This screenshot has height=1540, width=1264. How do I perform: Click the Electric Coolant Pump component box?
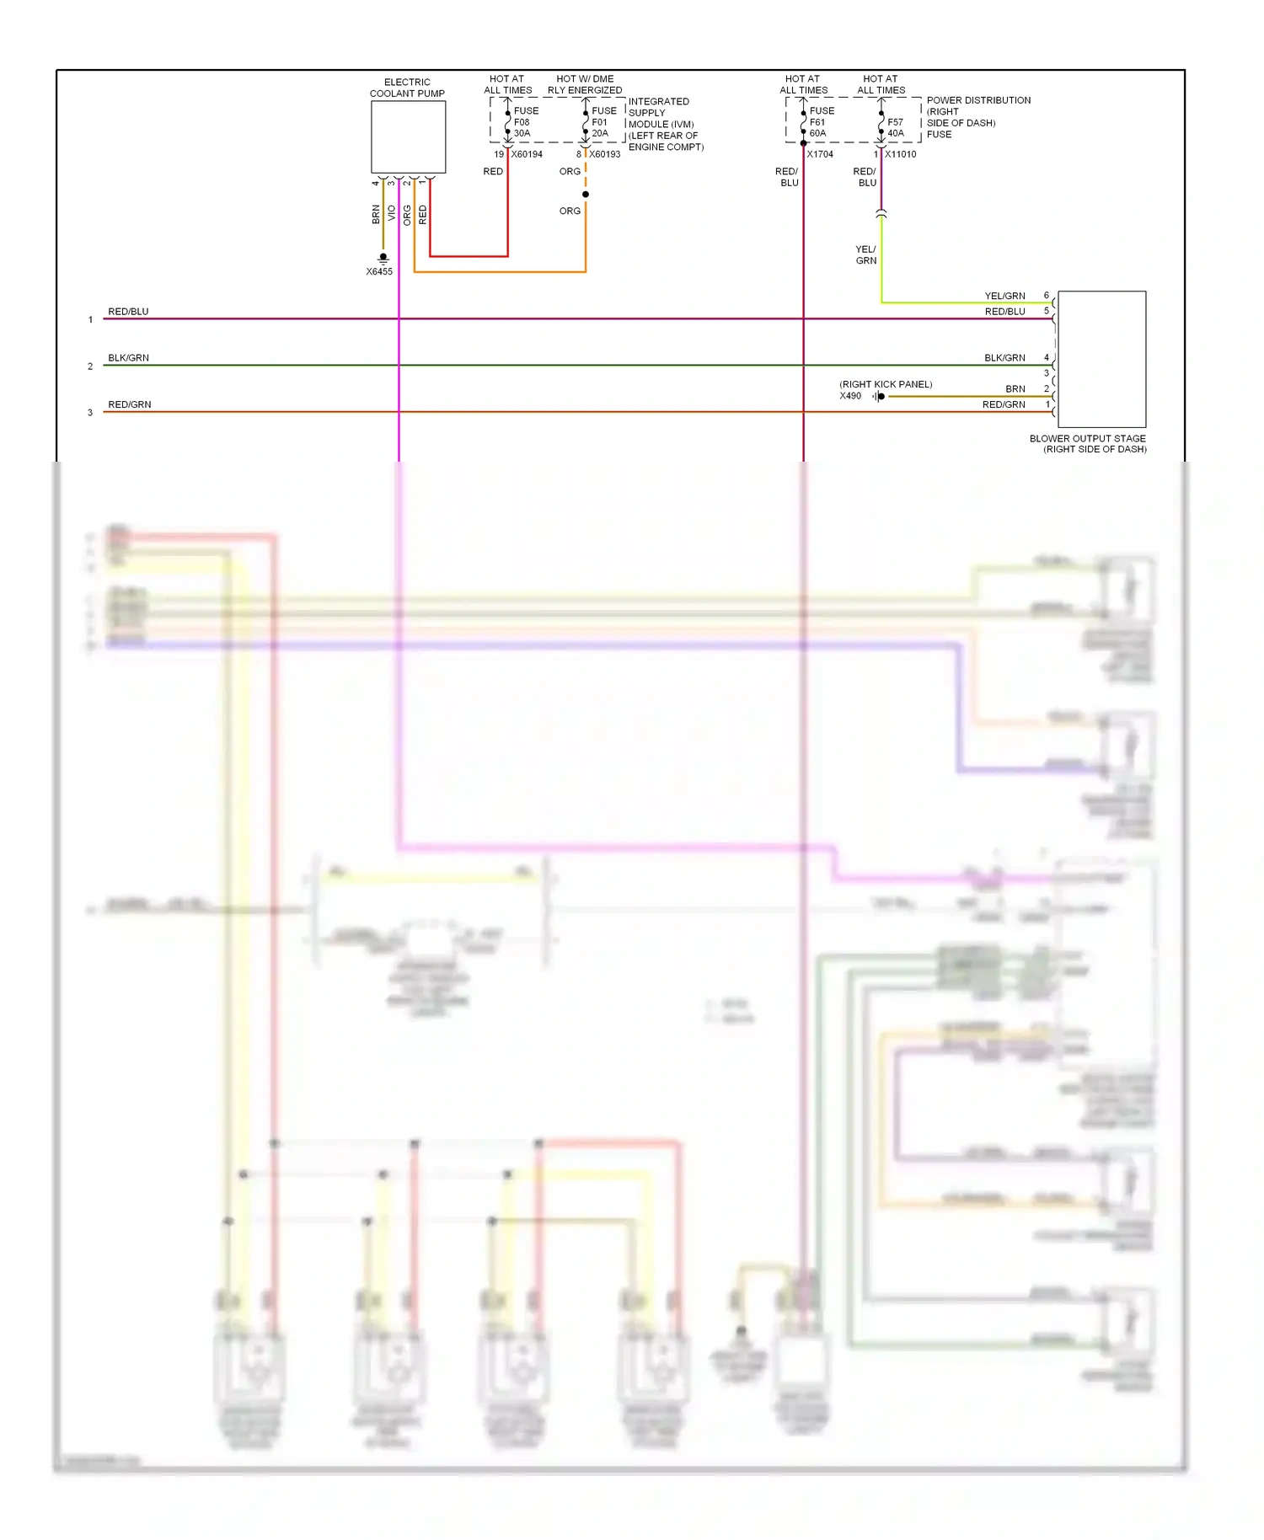(x=408, y=136)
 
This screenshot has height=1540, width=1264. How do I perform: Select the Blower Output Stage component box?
(x=1101, y=359)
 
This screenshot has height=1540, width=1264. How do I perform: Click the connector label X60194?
(x=527, y=154)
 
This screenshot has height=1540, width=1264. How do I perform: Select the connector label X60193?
(x=604, y=154)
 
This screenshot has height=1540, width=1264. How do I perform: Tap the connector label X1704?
(x=820, y=154)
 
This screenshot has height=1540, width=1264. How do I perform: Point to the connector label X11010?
(x=900, y=154)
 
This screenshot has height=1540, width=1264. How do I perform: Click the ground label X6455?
(x=379, y=271)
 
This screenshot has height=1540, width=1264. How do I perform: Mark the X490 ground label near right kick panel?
(x=850, y=396)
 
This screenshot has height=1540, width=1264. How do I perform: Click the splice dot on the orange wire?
(x=586, y=195)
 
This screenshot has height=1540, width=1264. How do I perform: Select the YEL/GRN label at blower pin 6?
(x=1004, y=296)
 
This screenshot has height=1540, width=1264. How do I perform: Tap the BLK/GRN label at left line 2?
(x=128, y=358)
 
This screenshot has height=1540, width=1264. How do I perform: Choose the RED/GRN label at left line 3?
(x=129, y=404)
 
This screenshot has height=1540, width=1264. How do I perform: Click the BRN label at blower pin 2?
(x=1015, y=389)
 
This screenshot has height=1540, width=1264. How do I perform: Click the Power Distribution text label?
(x=978, y=100)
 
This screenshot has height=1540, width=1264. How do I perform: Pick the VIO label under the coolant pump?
(x=392, y=214)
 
